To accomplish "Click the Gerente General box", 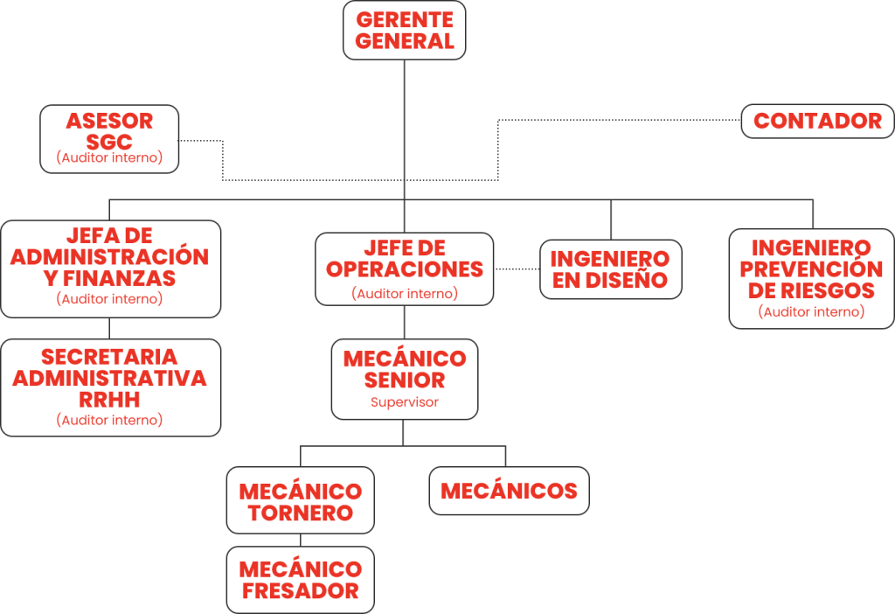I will pyautogui.click(x=404, y=31).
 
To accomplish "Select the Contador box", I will pyautogui.click(x=817, y=121).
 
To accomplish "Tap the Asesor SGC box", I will pyautogui.click(x=109, y=138).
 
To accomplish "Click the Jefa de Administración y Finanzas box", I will pyautogui.click(x=110, y=268).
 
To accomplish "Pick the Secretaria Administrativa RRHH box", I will pyautogui.click(x=110, y=387).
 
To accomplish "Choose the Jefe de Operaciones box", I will pyautogui.click(x=404, y=269).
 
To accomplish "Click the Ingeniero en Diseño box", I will pyautogui.click(x=610, y=269).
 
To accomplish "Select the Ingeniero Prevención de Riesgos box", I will pyautogui.click(x=811, y=278).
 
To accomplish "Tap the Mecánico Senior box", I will pyautogui.click(x=404, y=379).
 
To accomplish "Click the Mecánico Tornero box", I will pyautogui.click(x=301, y=501).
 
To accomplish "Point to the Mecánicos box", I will pyautogui.click(x=509, y=491).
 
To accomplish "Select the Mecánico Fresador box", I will pyautogui.click(x=301, y=579).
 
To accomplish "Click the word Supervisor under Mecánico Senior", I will pyautogui.click(x=404, y=403).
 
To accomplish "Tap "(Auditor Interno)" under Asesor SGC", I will pyautogui.click(x=109, y=158).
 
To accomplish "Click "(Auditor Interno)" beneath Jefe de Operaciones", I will pyautogui.click(x=405, y=294).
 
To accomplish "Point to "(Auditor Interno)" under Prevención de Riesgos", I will pyautogui.click(x=811, y=311).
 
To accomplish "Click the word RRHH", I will pyautogui.click(x=110, y=399).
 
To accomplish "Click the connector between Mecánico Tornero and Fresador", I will pyautogui.click(x=301, y=540).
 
